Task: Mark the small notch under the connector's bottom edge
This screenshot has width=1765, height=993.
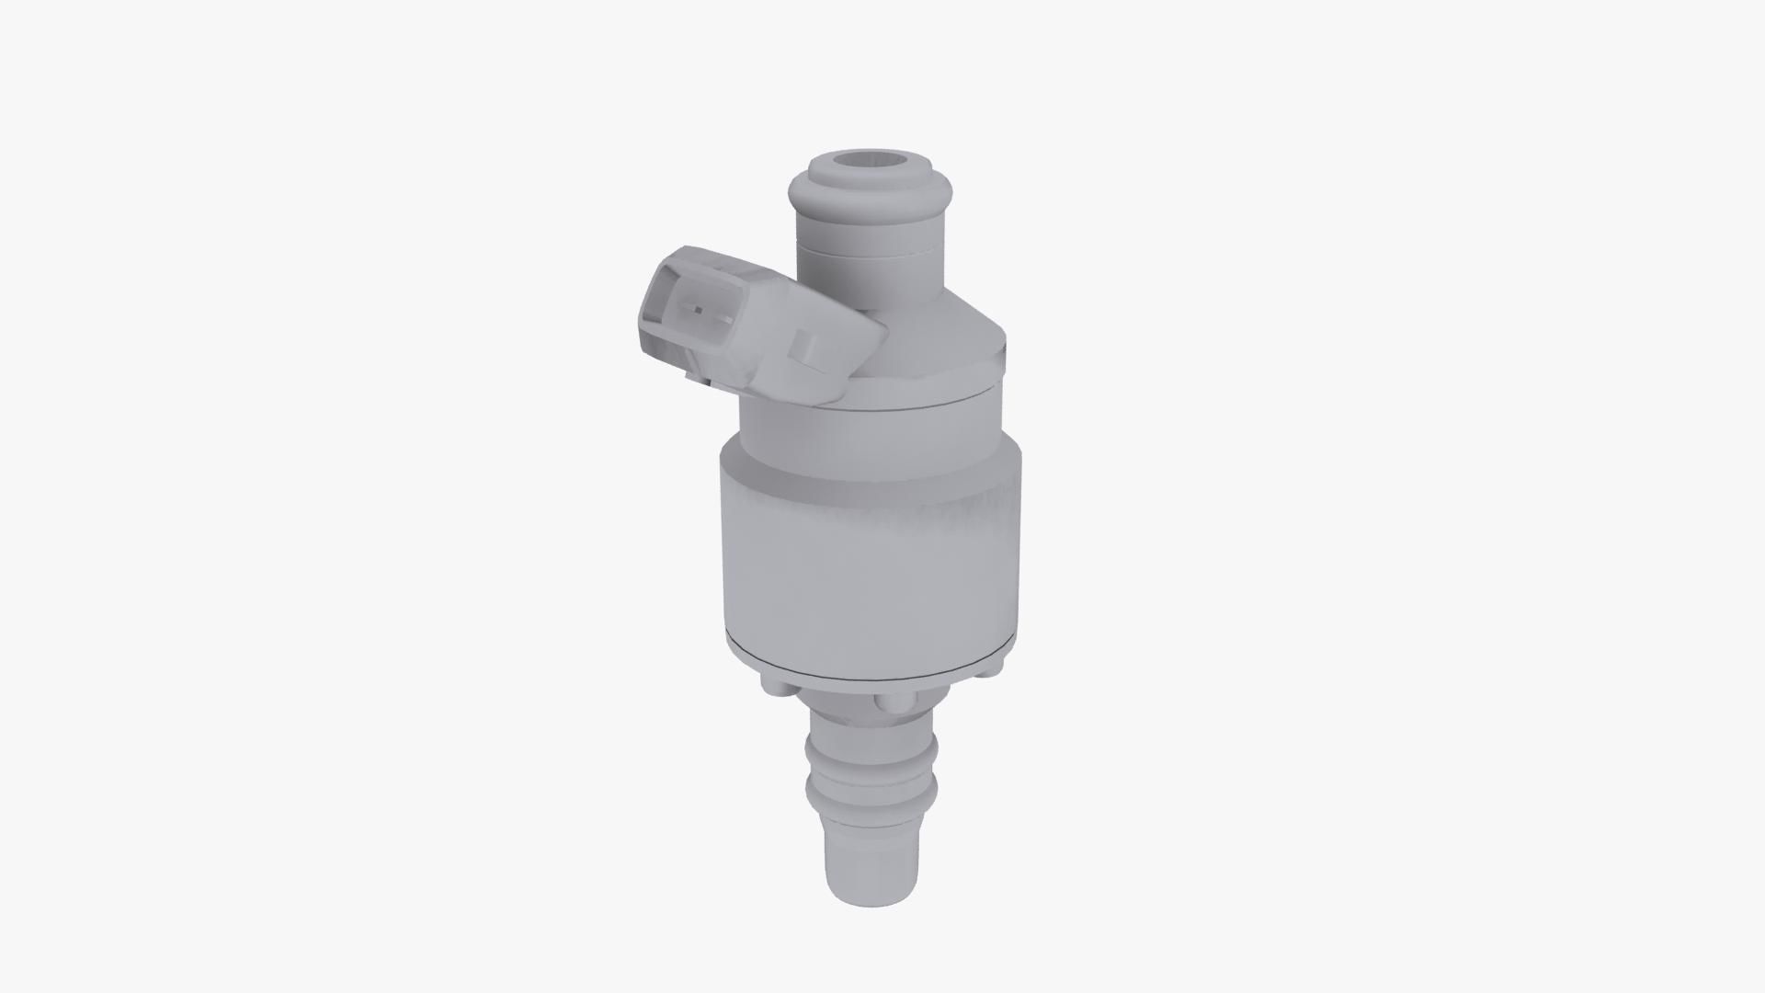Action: [x=688, y=375]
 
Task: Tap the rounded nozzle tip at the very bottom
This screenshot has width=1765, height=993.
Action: [x=871, y=883]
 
